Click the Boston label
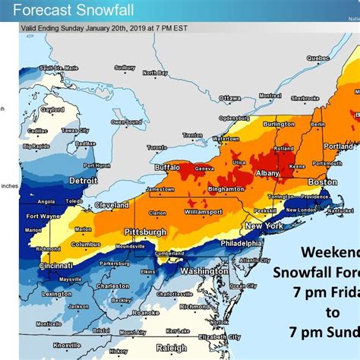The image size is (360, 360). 322,182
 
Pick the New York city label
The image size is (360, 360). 264,226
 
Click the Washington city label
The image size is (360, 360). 204,270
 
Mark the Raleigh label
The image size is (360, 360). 172,348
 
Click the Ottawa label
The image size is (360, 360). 229,98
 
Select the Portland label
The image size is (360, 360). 338,146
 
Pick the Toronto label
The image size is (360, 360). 157,147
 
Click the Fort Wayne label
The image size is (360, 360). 43,216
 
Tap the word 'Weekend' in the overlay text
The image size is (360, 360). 330,251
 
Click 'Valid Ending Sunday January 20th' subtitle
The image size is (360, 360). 99,27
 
